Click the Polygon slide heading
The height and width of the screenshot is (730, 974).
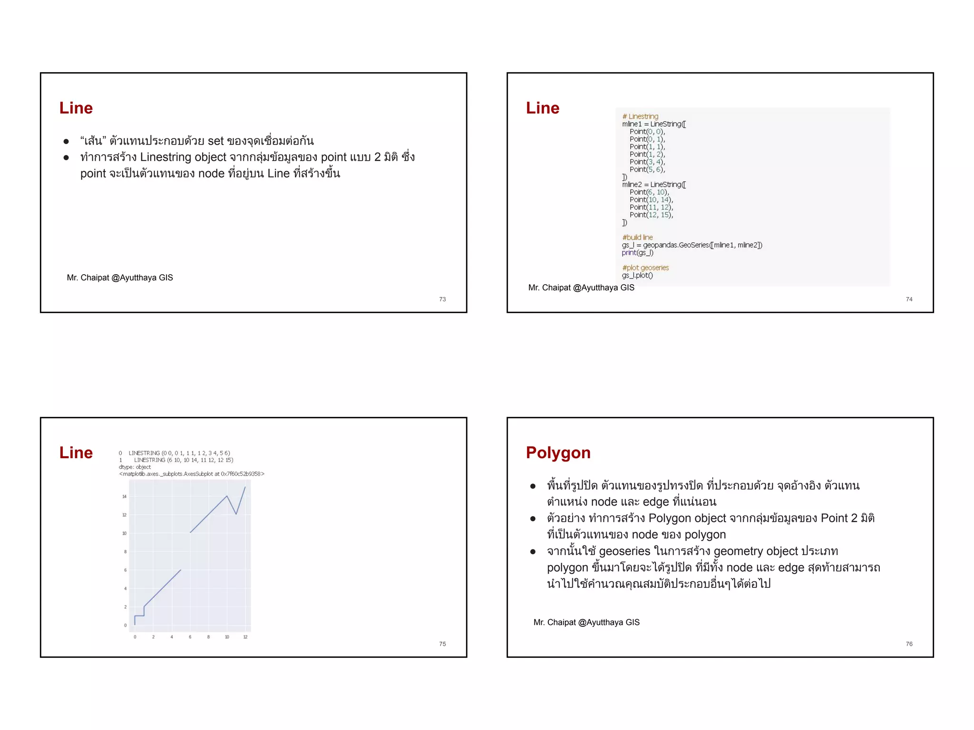coord(558,453)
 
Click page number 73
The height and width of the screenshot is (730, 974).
coord(442,299)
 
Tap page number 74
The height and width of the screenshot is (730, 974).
coord(909,299)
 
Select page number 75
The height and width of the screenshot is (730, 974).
coord(442,644)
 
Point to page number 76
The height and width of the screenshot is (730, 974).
coord(909,644)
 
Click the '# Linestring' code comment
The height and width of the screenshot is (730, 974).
coord(640,116)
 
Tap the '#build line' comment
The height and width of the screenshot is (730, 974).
coord(637,237)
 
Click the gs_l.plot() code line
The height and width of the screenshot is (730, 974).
coord(637,276)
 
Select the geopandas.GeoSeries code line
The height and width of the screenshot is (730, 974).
coord(692,245)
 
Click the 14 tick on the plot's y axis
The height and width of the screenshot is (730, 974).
coord(125,497)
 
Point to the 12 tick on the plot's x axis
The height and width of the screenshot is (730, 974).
coord(245,637)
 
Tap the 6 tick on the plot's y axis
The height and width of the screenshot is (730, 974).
coord(126,570)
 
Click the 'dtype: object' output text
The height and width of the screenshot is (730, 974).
coord(135,467)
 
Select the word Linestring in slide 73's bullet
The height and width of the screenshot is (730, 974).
coord(166,157)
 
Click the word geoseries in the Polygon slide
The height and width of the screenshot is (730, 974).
coord(624,551)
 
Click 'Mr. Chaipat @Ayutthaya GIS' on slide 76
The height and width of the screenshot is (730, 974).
coord(586,623)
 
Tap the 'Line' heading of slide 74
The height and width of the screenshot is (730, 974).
coord(542,108)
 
